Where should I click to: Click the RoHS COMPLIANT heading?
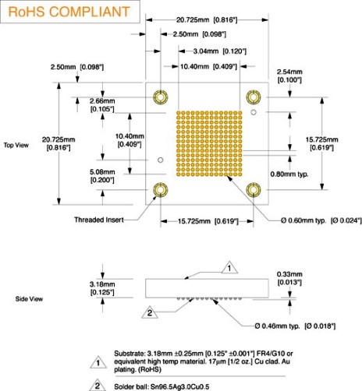pyautogui.click(x=69, y=12)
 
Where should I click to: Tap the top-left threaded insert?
pyautogui.click(x=160, y=97)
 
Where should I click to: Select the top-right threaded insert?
pyautogui.click(x=254, y=97)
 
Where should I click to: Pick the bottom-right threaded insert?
pyautogui.click(x=254, y=190)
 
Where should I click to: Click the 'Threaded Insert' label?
pyautogui.click(x=99, y=220)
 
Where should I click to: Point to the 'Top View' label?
pyautogui.click(x=16, y=145)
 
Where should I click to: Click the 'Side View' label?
pyautogui.click(x=29, y=299)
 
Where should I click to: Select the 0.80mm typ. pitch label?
pyautogui.click(x=289, y=174)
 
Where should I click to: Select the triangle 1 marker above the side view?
pyautogui.click(x=229, y=268)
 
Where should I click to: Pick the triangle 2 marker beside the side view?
pyautogui.click(x=150, y=312)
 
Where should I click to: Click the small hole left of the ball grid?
pyautogui.click(x=161, y=160)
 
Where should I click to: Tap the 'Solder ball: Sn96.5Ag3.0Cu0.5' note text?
pyautogui.click(x=161, y=386)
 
